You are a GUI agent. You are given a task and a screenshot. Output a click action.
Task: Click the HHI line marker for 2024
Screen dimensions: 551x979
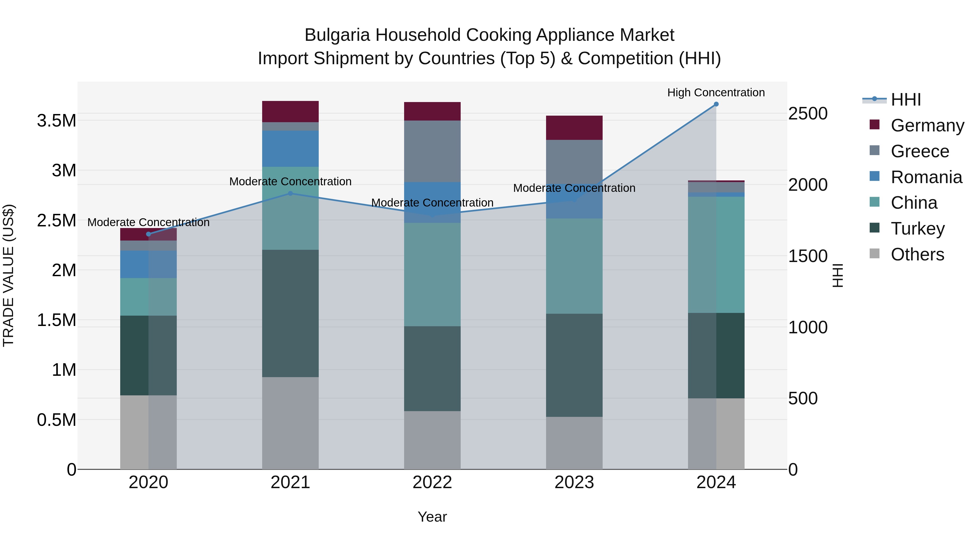716,104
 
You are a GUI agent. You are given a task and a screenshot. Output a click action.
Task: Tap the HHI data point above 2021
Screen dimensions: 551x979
290,193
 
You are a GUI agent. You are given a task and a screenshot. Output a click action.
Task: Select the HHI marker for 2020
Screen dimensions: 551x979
148,234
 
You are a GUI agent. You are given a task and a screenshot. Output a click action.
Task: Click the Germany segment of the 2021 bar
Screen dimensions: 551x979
290,111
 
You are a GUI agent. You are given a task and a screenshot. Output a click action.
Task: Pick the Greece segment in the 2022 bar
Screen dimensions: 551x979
432,151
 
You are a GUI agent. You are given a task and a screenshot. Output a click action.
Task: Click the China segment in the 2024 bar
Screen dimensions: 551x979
716,254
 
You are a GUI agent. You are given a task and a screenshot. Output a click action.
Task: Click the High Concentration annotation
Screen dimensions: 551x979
716,93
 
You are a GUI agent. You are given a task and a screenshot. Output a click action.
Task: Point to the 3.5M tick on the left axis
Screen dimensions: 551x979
56,121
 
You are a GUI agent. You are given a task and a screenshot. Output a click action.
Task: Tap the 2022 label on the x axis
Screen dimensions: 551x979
432,482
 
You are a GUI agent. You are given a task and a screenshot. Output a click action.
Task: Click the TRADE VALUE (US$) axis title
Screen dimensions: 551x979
8,275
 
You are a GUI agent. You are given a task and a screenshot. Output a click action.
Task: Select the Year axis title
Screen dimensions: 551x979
432,517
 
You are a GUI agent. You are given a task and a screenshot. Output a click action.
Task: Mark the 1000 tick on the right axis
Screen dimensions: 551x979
808,327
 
